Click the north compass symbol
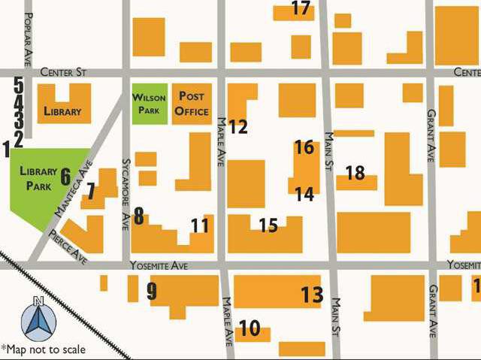click(38, 319)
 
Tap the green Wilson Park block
click(148, 104)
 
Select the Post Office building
click(192, 104)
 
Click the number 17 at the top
click(301, 9)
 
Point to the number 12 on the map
click(238, 127)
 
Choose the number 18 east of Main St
click(355, 173)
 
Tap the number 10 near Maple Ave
click(250, 329)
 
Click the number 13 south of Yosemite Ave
click(312, 295)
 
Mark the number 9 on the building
click(152, 292)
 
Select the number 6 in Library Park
click(65, 177)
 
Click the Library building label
click(62, 112)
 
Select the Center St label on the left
click(64, 72)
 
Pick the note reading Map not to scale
click(43, 349)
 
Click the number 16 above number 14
click(304, 147)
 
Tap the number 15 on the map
click(268, 225)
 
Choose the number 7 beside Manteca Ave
click(91, 191)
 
